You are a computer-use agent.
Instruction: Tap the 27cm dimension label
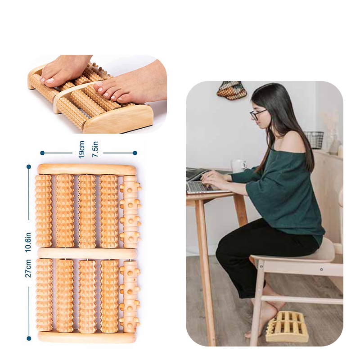[28, 268]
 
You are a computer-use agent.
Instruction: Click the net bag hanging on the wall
[232, 90]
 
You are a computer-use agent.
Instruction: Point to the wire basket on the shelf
[314, 139]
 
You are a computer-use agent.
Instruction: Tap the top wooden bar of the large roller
[87, 169]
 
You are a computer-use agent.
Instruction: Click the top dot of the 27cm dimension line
[29, 166]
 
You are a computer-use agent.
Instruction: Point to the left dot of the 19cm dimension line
[42, 153]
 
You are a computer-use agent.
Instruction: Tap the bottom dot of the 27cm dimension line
[29, 338]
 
